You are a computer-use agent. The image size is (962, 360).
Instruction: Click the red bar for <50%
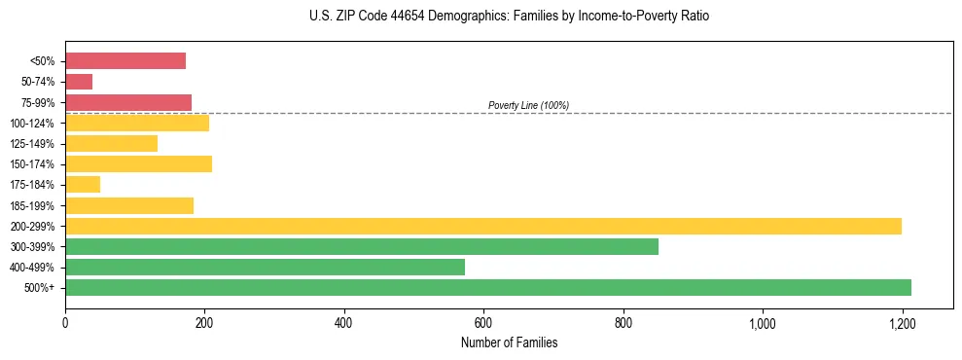[x=125, y=61]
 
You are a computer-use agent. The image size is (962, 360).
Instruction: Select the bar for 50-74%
[x=79, y=82]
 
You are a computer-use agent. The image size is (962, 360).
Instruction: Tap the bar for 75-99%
[x=128, y=102]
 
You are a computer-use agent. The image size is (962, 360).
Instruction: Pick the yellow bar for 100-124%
[x=137, y=123]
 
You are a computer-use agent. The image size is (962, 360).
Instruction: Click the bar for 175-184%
[x=83, y=185]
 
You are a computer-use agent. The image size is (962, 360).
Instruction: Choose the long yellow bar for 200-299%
[x=483, y=226]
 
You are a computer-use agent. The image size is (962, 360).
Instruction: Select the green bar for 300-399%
[x=362, y=246]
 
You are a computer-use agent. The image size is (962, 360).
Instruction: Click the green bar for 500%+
[x=488, y=287]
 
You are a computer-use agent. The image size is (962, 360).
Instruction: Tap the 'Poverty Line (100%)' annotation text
[x=528, y=105]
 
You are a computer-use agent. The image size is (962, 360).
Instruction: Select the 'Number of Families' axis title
[x=510, y=342]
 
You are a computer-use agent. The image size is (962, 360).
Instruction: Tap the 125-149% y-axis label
[x=32, y=144]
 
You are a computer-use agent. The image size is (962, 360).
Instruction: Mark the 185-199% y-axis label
[x=32, y=206]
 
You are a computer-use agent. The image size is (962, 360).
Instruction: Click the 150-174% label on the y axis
[x=32, y=164]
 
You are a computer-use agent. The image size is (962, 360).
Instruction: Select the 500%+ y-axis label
[x=39, y=288]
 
